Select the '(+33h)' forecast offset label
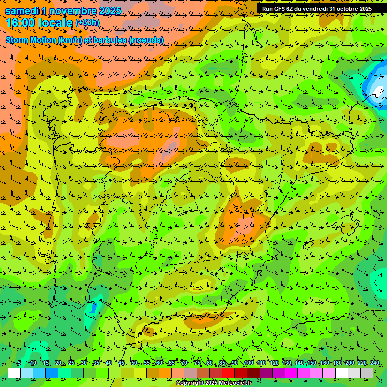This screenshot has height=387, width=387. pos(87,22)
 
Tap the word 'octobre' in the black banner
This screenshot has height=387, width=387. pos(344,8)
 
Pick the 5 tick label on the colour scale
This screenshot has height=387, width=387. pos(19,363)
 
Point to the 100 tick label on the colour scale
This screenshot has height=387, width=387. pos(248,363)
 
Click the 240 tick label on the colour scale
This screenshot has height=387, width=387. pos(374,363)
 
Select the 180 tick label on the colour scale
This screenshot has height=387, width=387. pos(337,363)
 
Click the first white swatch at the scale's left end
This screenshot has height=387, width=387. pos(14,373)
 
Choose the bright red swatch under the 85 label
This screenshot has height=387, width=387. pos(228,373)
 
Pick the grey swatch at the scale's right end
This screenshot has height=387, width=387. pos(367,373)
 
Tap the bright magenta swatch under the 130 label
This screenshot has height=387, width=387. pos(291,373)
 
